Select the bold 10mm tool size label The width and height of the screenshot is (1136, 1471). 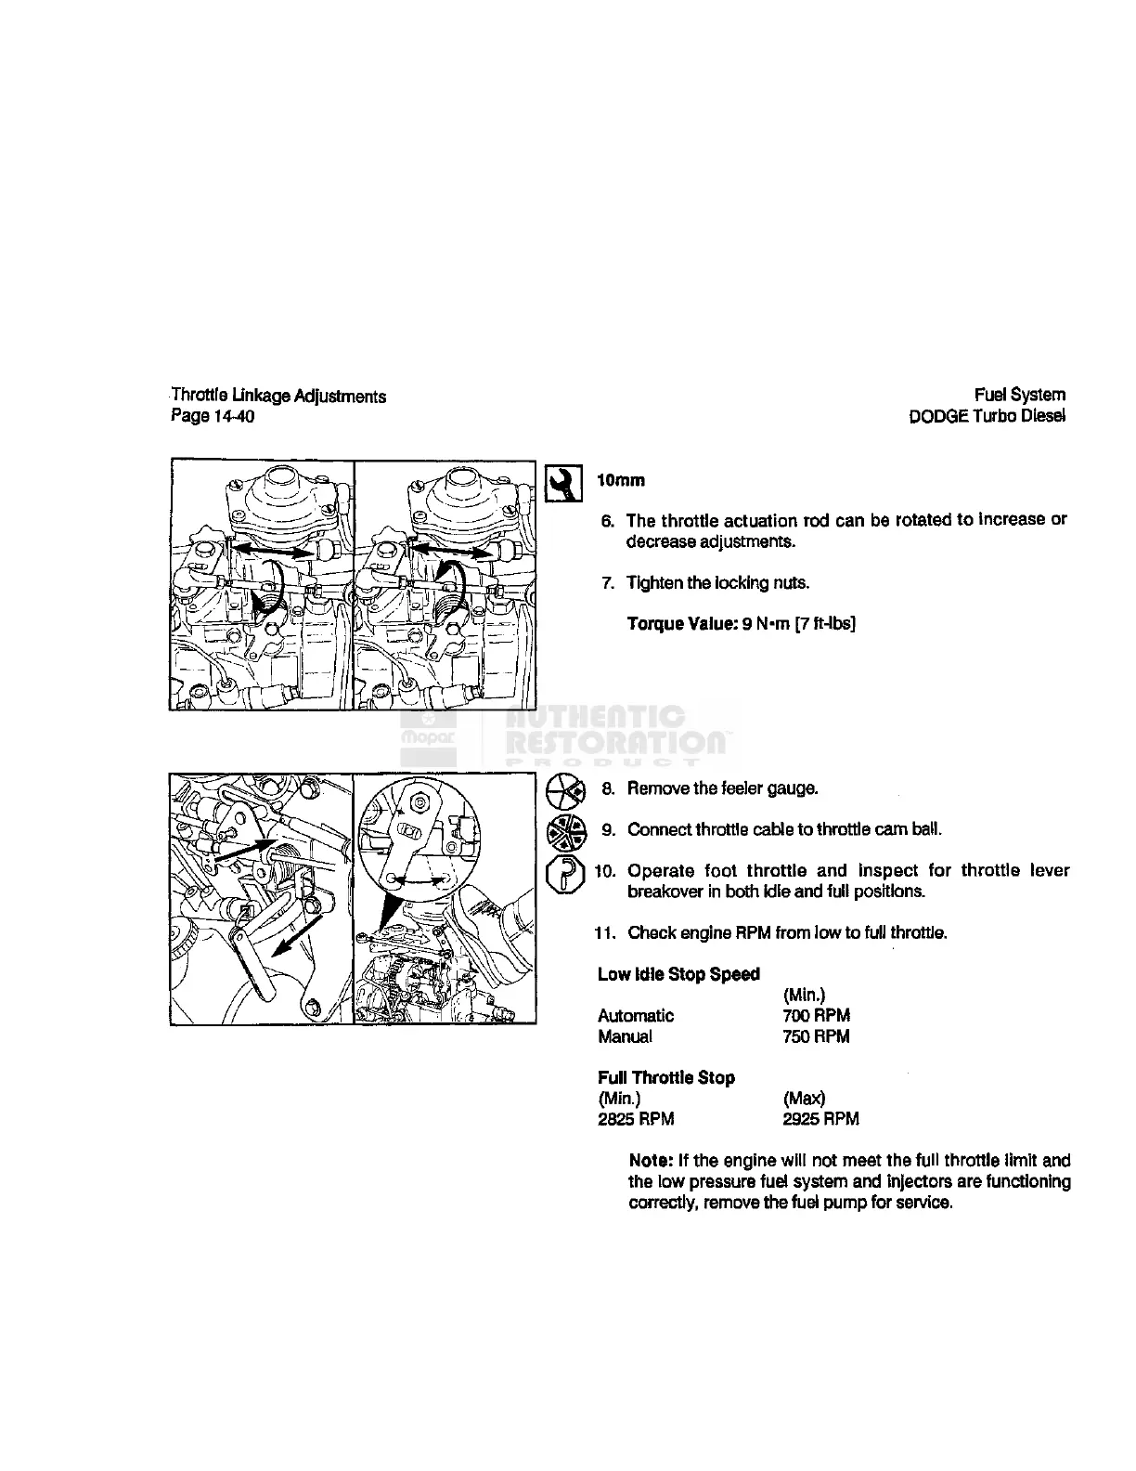coord(620,481)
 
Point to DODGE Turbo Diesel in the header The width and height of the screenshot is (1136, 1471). coord(988,416)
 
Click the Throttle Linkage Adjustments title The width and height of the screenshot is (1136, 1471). coord(278,397)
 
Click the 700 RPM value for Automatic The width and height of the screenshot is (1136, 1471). coord(816,1015)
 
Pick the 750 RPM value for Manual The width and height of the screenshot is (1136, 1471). coord(816,1036)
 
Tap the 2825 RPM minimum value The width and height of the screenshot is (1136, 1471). coord(636,1119)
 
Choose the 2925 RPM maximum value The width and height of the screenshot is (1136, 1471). coord(820,1119)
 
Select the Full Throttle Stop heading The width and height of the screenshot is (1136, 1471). coord(666,1078)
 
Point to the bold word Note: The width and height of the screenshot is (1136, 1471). coord(651,1161)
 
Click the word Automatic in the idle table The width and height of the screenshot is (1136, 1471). coord(636,1015)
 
